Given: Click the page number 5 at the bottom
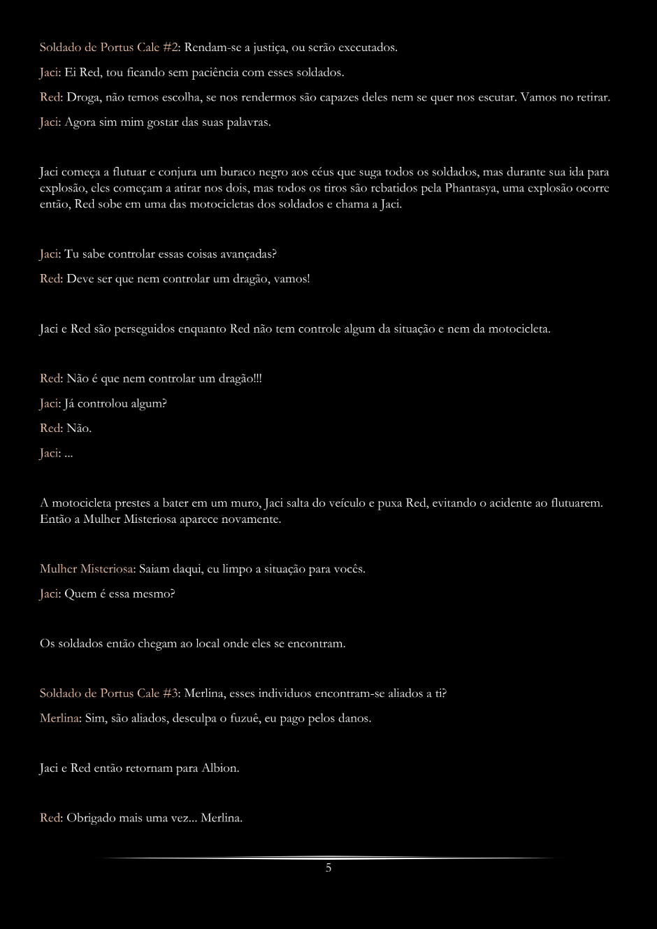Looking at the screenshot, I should click(x=328, y=868).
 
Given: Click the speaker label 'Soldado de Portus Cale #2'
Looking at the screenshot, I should click(x=110, y=48).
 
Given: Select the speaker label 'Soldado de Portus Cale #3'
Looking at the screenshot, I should click(x=110, y=693).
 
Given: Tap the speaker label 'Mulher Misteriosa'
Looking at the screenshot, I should click(x=87, y=569).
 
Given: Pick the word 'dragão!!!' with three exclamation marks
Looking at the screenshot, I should click(x=238, y=379).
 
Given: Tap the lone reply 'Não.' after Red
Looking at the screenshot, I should click(x=79, y=429).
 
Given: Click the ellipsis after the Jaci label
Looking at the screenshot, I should click(x=68, y=454).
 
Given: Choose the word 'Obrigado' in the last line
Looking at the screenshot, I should click(x=92, y=818).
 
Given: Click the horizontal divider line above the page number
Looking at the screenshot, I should click(x=328, y=858).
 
